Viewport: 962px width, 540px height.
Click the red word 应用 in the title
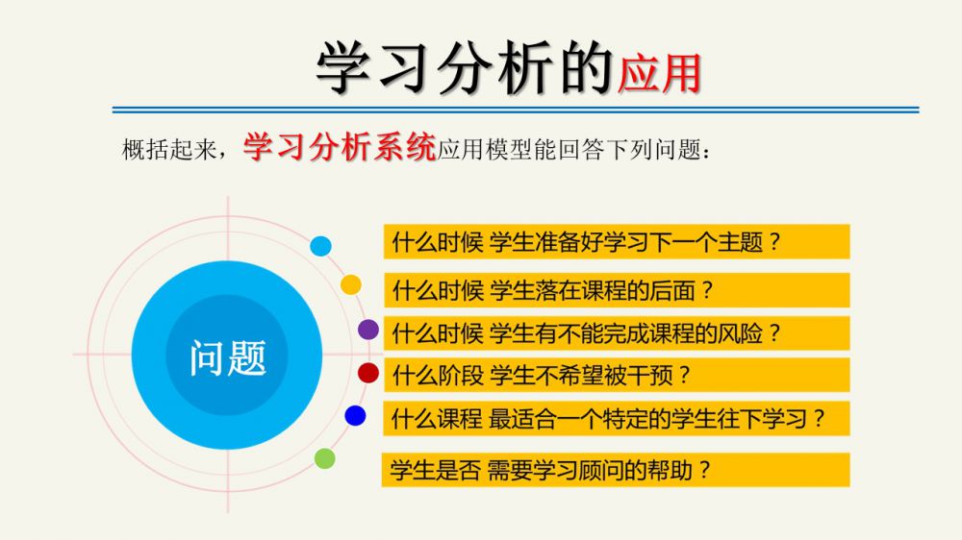[x=660, y=74]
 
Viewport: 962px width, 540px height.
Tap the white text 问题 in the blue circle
[x=228, y=358]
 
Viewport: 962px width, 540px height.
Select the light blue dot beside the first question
[x=320, y=246]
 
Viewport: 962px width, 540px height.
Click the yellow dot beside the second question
[x=351, y=284]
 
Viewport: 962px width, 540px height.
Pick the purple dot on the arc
[x=368, y=330]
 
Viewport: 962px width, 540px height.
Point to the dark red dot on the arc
[x=368, y=372]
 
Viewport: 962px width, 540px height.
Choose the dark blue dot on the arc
[x=355, y=415]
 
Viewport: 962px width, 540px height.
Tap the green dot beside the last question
[x=324, y=458]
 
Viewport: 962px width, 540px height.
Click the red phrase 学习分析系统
[x=340, y=147]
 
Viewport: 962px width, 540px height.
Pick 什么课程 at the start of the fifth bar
[x=437, y=419]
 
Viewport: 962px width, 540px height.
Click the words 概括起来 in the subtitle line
[x=169, y=149]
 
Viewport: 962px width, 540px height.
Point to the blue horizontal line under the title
[x=516, y=110]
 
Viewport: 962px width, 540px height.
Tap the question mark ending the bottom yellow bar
[x=704, y=470]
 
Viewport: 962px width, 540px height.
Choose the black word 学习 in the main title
[x=373, y=67]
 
